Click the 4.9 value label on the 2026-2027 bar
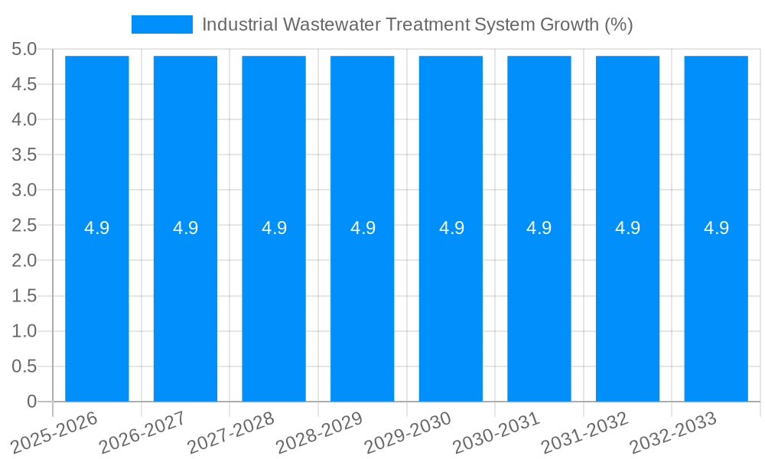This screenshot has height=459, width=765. [x=185, y=228]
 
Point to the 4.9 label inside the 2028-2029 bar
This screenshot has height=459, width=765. [x=363, y=228]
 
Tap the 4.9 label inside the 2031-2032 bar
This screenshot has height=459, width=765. [x=628, y=228]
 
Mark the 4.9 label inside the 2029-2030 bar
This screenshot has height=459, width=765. [x=451, y=228]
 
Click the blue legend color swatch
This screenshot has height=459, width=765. [x=162, y=24]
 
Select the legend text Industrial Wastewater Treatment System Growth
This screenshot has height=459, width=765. [x=417, y=24]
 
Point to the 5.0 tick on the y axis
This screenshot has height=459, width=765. [x=24, y=50]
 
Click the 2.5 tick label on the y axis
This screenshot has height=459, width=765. [x=24, y=226]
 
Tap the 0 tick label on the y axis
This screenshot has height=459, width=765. [x=31, y=402]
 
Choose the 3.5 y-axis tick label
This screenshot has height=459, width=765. [x=24, y=155]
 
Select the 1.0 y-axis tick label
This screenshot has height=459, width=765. [x=24, y=331]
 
